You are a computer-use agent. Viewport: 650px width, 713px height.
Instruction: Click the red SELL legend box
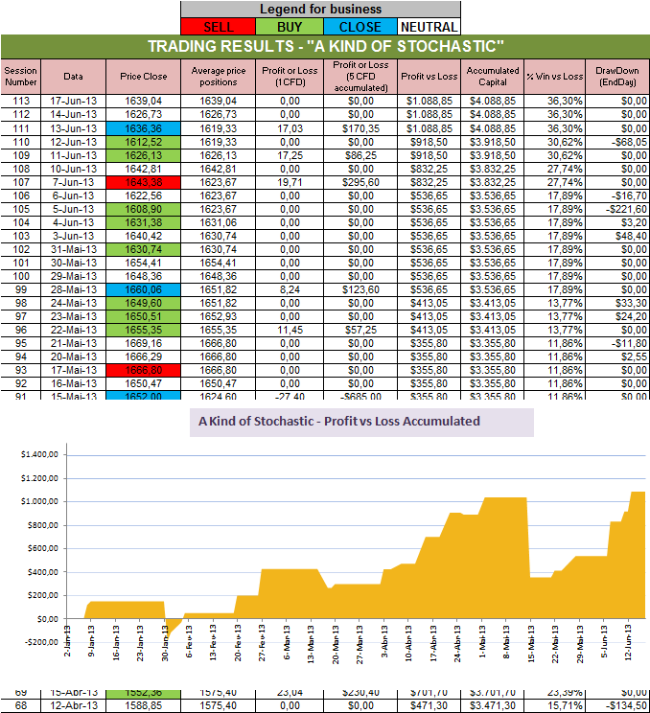click(215, 27)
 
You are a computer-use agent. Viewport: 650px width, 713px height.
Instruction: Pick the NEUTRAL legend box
click(428, 27)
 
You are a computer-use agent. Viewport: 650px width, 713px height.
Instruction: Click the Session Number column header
click(18, 77)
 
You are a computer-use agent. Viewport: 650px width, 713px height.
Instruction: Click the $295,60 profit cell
click(355, 181)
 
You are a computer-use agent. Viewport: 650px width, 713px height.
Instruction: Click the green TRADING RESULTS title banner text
click(325, 47)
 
